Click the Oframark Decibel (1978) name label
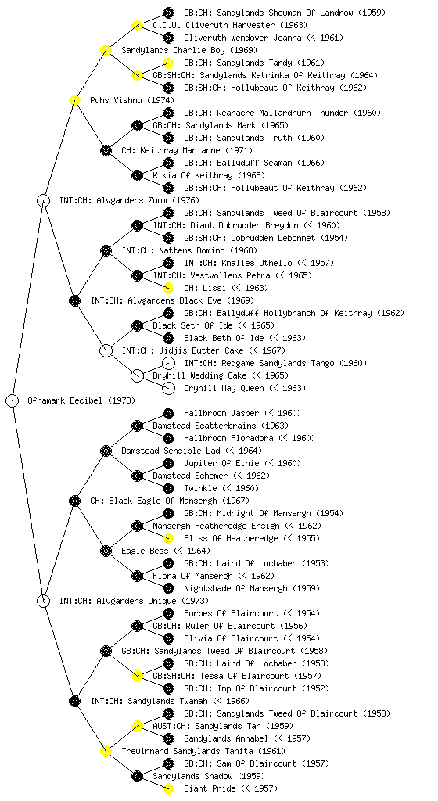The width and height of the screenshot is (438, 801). click(x=81, y=401)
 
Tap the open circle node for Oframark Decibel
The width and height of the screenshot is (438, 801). click(x=13, y=400)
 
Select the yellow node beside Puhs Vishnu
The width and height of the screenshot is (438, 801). click(x=74, y=100)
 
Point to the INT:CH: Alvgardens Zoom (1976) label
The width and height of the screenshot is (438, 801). click(x=129, y=201)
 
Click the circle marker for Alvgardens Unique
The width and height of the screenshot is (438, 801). click(x=43, y=601)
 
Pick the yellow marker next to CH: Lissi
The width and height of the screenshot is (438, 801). click(x=168, y=288)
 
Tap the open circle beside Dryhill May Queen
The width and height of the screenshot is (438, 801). click(x=168, y=388)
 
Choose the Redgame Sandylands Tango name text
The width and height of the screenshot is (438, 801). click(x=275, y=363)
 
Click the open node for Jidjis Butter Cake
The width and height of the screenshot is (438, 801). click(x=106, y=350)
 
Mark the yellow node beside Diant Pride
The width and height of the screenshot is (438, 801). click(x=168, y=788)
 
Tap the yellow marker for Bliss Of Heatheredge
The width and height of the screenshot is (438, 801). click(x=168, y=538)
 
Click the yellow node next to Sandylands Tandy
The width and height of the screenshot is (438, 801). click(x=168, y=63)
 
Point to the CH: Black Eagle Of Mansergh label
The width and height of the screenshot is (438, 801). click(x=170, y=501)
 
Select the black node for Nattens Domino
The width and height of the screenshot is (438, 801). click(x=106, y=250)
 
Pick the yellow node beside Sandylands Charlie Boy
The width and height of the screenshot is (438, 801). click(x=106, y=50)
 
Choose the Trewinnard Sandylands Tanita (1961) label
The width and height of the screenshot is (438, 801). click(x=203, y=752)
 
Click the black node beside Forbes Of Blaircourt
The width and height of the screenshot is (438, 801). click(x=168, y=613)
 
